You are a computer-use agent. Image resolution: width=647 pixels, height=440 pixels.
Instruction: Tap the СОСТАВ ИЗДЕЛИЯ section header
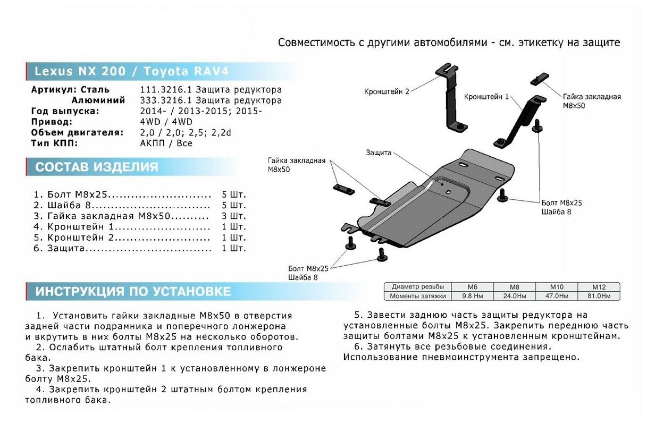[97, 167]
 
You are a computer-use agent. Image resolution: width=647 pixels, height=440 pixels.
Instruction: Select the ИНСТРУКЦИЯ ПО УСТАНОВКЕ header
[133, 291]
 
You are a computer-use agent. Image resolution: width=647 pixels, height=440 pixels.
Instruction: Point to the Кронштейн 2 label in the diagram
[386, 91]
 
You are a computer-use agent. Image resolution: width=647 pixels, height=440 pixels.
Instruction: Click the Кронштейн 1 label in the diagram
[486, 97]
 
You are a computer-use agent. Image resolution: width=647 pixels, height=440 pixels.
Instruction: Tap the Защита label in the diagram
[379, 153]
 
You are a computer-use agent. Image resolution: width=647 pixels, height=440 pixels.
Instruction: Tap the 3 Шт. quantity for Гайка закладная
[234, 216]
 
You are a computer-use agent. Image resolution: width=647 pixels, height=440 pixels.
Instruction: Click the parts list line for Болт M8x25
[122, 194]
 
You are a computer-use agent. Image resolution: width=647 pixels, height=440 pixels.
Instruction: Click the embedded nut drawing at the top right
[539, 78]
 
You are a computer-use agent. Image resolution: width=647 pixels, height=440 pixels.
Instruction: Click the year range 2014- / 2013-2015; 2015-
[200, 111]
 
